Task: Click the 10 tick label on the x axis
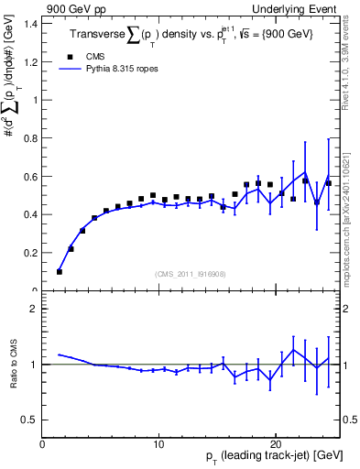coord(159,444)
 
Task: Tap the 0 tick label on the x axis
coord(43,444)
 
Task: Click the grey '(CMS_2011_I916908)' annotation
coord(191,274)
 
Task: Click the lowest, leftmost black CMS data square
coord(60,271)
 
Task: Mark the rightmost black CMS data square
coord(328,183)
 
